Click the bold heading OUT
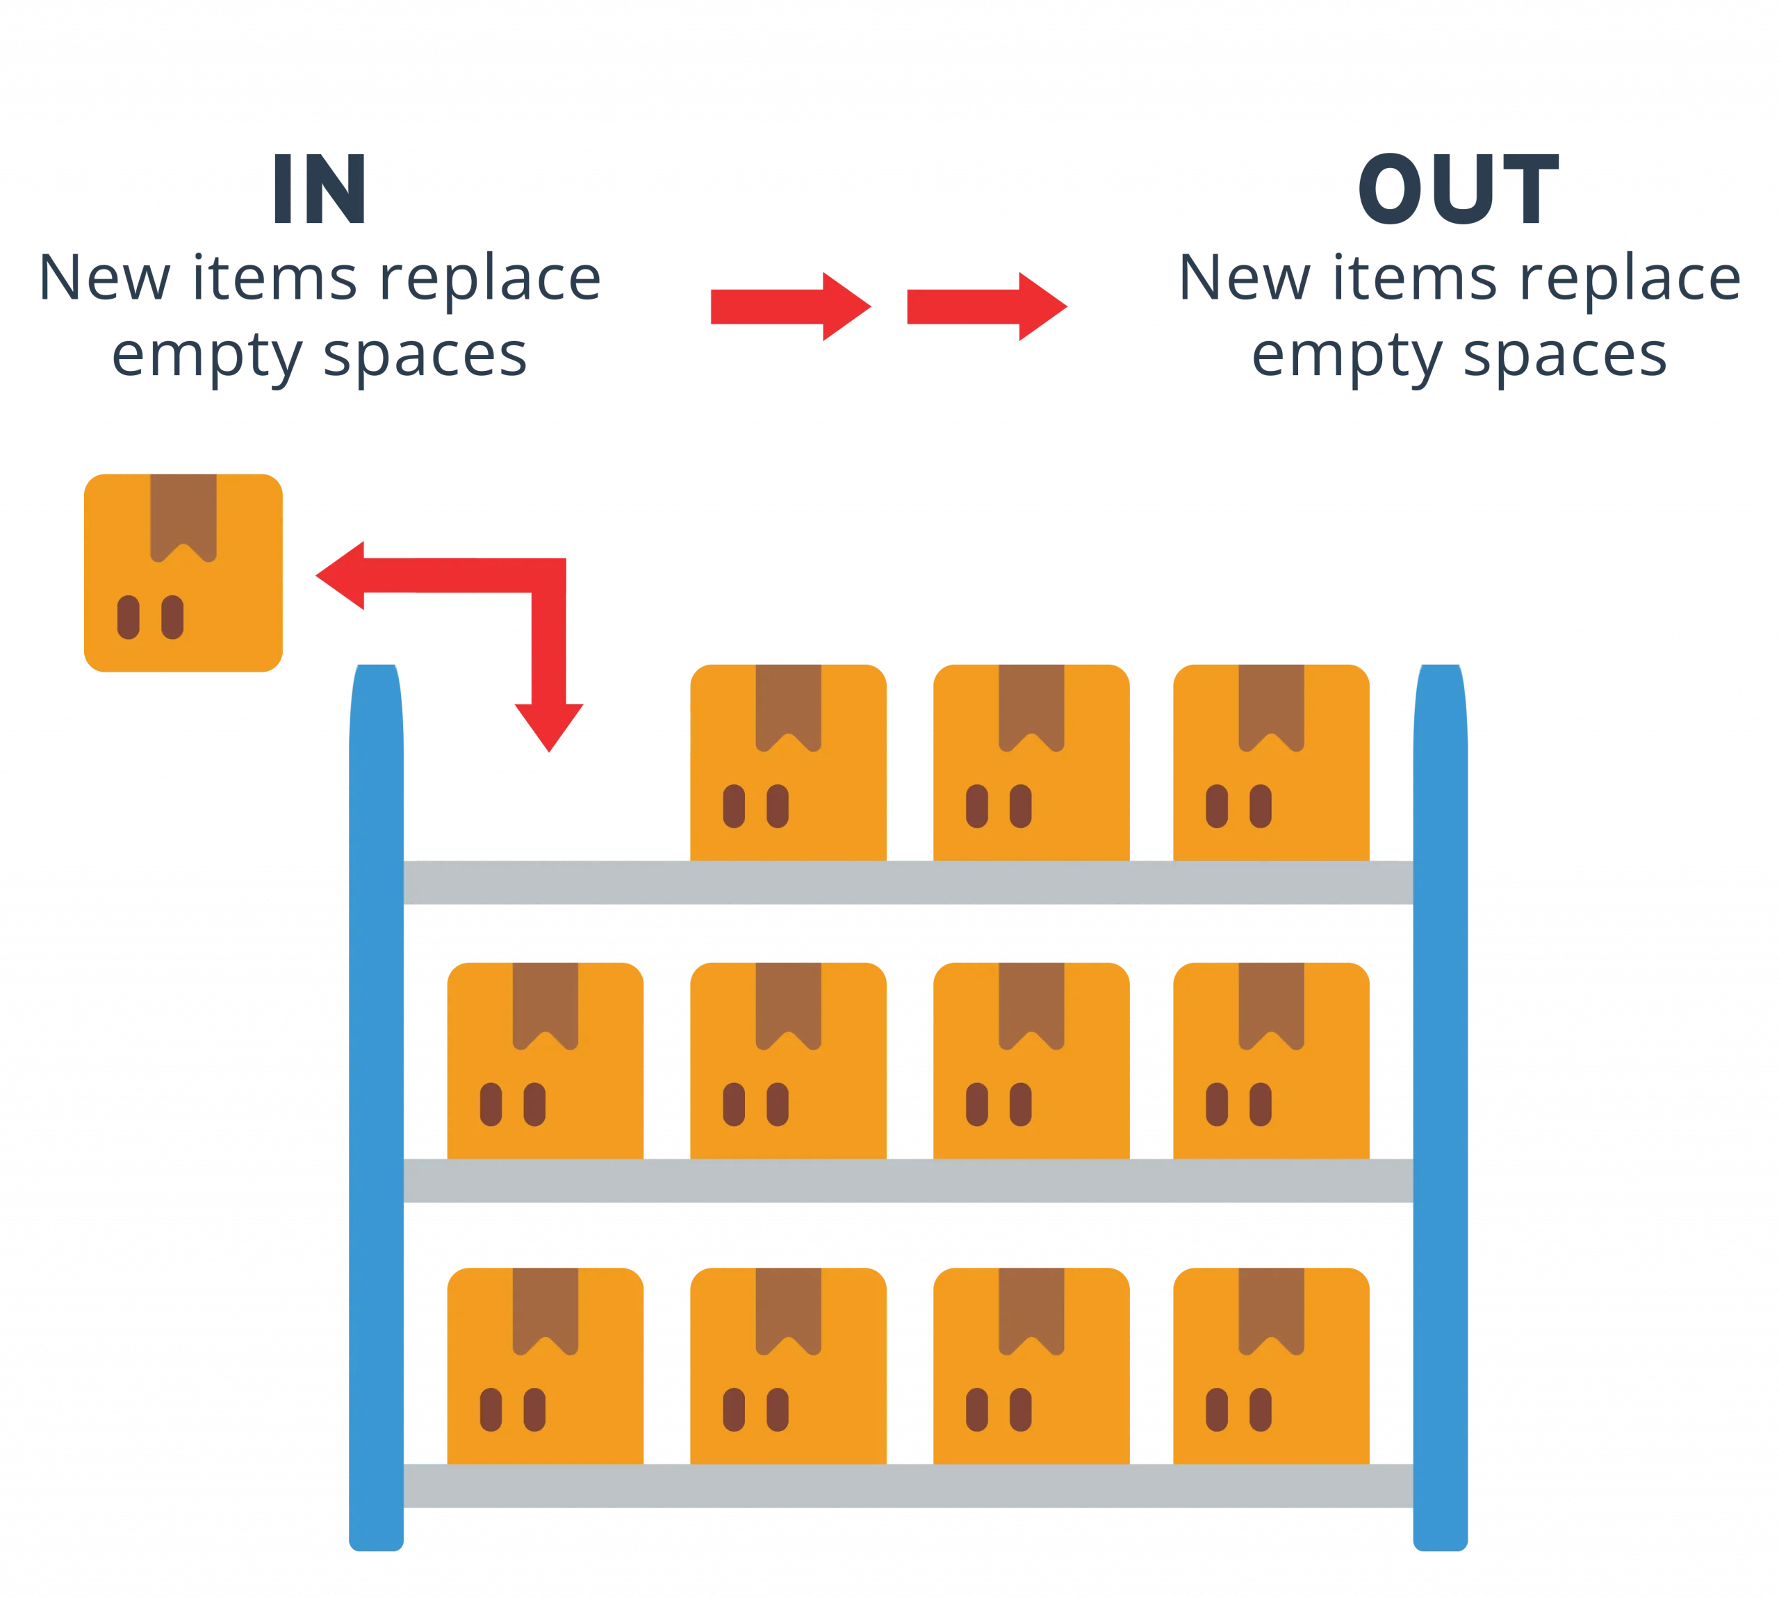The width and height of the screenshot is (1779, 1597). pyautogui.click(x=1458, y=190)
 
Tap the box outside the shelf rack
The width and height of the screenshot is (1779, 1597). pyautogui.click(x=183, y=572)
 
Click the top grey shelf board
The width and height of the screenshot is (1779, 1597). pyautogui.click(x=908, y=882)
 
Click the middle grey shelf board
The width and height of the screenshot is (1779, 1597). pyautogui.click(x=908, y=1180)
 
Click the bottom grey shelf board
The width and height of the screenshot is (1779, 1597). pyautogui.click(x=908, y=1487)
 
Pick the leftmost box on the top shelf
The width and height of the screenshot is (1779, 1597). pyautogui.click(x=788, y=761)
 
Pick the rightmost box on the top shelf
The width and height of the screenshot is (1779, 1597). pyautogui.click(x=1272, y=761)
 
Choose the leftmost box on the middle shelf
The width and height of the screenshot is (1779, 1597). pyautogui.click(x=544, y=1060)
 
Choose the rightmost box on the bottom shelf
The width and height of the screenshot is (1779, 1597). pyautogui.click(x=1272, y=1366)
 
